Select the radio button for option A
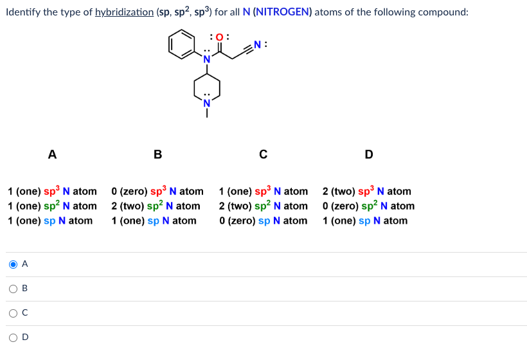click(x=13, y=264)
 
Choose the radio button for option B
click(x=13, y=288)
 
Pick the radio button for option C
click(x=13, y=312)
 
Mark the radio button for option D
click(x=13, y=337)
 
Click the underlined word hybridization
click(x=124, y=12)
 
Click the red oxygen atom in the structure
click(x=220, y=37)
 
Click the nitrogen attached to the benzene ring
click(x=207, y=59)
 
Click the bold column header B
click(x=157, y=154)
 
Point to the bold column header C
click(x=263, y=154)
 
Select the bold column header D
click(x=368, y=154)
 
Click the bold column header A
click(x=52, y=154)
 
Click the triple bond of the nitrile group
click(x=247, y=50)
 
